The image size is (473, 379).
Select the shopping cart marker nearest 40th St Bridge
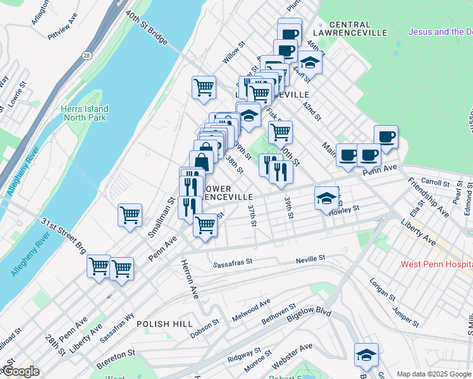click(204, 88)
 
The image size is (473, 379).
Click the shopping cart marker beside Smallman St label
click(130, 215)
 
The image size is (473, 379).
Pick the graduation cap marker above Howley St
click(326, 198)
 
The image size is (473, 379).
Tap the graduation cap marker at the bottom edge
click(366, 354)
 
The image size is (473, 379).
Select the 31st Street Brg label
click(63, 232)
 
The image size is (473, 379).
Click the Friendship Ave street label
click(429, 198)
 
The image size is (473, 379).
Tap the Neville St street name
click(310, 258)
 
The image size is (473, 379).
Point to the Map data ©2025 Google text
click(434, 374)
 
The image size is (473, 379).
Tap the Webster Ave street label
click(292, 356)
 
